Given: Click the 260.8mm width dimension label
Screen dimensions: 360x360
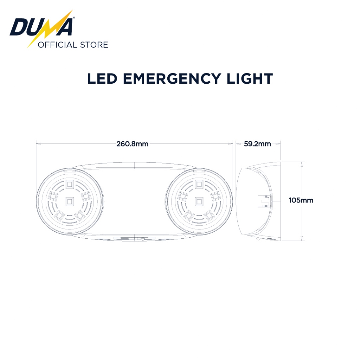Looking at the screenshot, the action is tap(132, 144).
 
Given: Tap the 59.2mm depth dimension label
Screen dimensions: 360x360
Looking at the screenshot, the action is tap(257, 144).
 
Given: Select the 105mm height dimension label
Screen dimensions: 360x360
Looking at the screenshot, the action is tap(301, 200).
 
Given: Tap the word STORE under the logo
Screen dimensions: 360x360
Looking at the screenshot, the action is tap(94, 45).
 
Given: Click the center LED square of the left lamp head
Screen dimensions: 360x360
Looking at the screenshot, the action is tap(69, 201).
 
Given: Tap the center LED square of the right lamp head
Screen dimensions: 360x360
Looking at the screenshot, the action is tap(199, 201).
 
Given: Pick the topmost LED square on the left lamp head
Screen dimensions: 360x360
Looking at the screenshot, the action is tap(69, 184).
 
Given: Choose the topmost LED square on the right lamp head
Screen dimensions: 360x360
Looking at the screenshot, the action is tap(199, 184).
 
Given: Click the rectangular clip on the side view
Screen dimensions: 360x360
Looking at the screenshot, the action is tap(263, 201).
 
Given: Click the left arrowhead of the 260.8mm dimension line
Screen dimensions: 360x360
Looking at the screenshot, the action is tap(39, 143).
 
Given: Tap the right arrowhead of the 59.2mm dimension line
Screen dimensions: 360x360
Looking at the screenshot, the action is tap(278, 143).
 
